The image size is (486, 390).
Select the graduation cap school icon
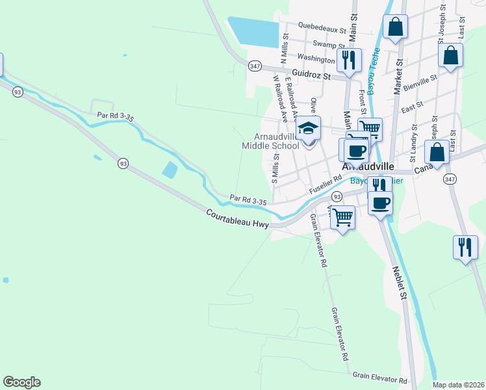309,128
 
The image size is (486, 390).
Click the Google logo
21,382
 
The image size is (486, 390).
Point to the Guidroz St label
311,75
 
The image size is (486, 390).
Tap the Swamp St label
324,44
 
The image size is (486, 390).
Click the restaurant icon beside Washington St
350,59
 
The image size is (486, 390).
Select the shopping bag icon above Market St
395,27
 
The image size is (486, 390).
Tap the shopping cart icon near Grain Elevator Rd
342,216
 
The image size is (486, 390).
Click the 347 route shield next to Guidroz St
255,66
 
